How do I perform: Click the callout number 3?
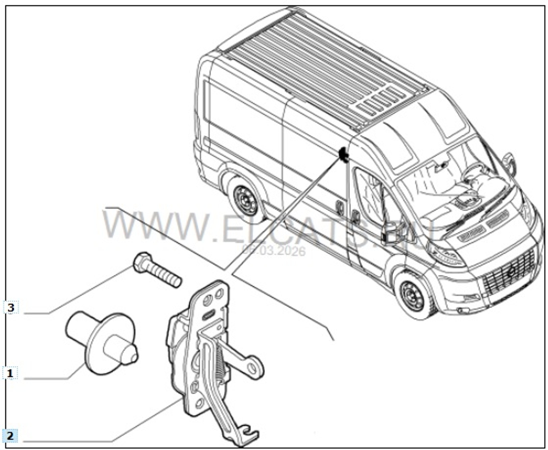(12, 308)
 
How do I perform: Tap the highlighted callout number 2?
(12, 437)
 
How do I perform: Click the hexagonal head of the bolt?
(142, 263)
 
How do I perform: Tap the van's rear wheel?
(244, 200)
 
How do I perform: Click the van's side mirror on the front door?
(392, 232)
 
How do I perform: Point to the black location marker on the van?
(343, 155)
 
